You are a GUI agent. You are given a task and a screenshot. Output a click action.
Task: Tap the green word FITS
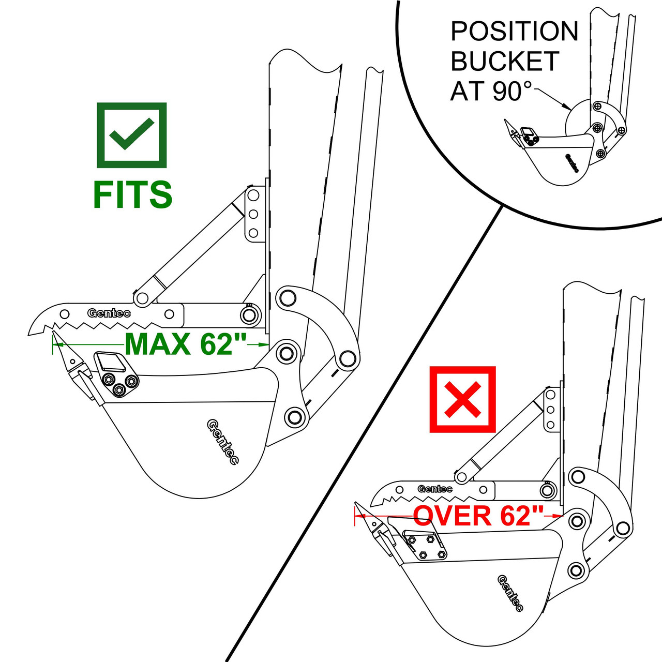(x=132, y=194)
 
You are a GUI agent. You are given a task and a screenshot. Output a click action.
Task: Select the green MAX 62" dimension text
(x=186, y=344)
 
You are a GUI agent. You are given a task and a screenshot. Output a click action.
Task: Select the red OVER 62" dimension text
(x=478, y=516)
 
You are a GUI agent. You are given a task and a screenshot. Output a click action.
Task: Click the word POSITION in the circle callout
(x=514, y=32)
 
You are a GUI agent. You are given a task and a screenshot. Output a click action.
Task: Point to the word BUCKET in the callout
(x=505, y=61)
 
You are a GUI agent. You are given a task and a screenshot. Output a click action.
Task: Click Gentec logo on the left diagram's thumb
(x=109, y=313)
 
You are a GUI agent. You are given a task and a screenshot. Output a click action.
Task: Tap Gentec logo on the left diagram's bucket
(x=222, y=442)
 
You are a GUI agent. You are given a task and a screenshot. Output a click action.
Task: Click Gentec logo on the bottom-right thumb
(x=435, y=489)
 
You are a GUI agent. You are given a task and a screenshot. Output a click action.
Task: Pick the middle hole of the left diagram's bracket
(x=253, y=214)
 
